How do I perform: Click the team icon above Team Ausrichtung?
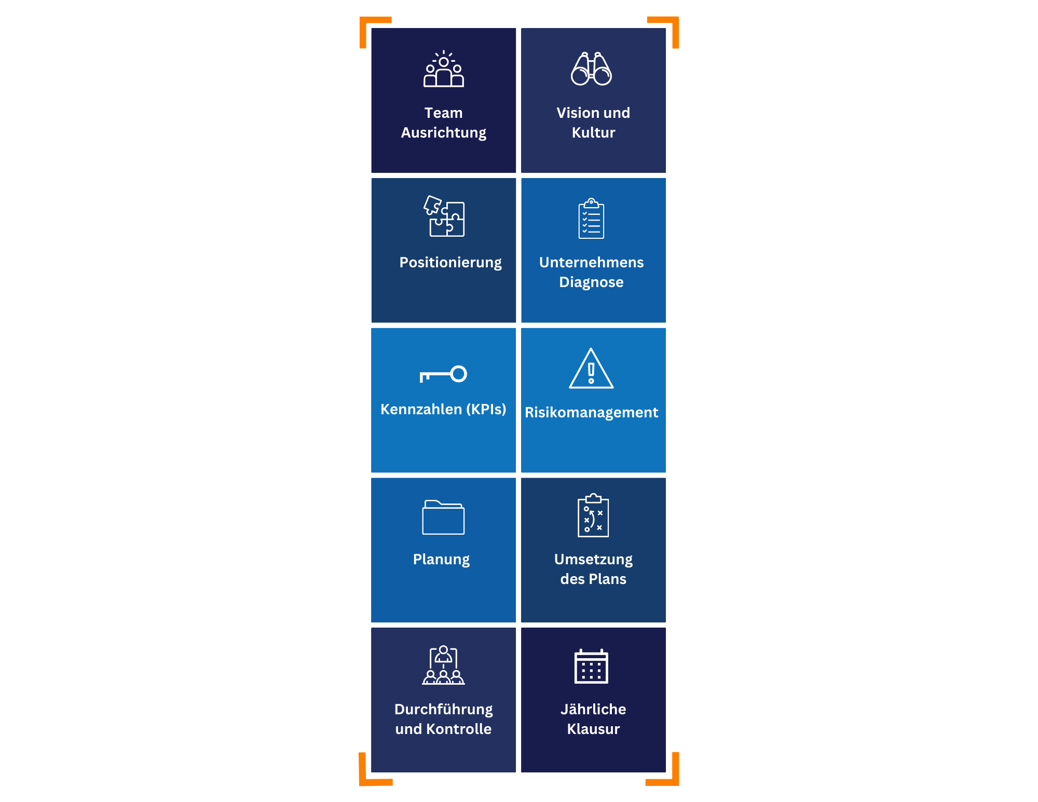tap(444, 69)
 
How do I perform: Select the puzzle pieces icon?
tap(444, 216)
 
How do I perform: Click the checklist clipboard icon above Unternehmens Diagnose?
tap(591, 218)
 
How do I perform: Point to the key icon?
tap(443, 374)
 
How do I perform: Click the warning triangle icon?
tap(591, 368)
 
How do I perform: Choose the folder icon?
tap(443, 517)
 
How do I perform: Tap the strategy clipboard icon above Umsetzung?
tap(593, 515)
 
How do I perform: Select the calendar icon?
tap(591, 666)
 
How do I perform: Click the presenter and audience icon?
tap(443, 665)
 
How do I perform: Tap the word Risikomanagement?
tap(591, 413)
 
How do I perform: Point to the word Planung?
tap(441, 560)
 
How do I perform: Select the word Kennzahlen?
tap(421, 410)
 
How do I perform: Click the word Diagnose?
tap(591, 283)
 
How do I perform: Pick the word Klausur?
tap(593, 729)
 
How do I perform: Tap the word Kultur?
tap(593, 133)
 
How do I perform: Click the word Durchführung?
tap(444, 710)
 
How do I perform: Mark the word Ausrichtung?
tap(444, 133)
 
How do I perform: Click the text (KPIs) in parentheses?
tap(486, 410)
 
